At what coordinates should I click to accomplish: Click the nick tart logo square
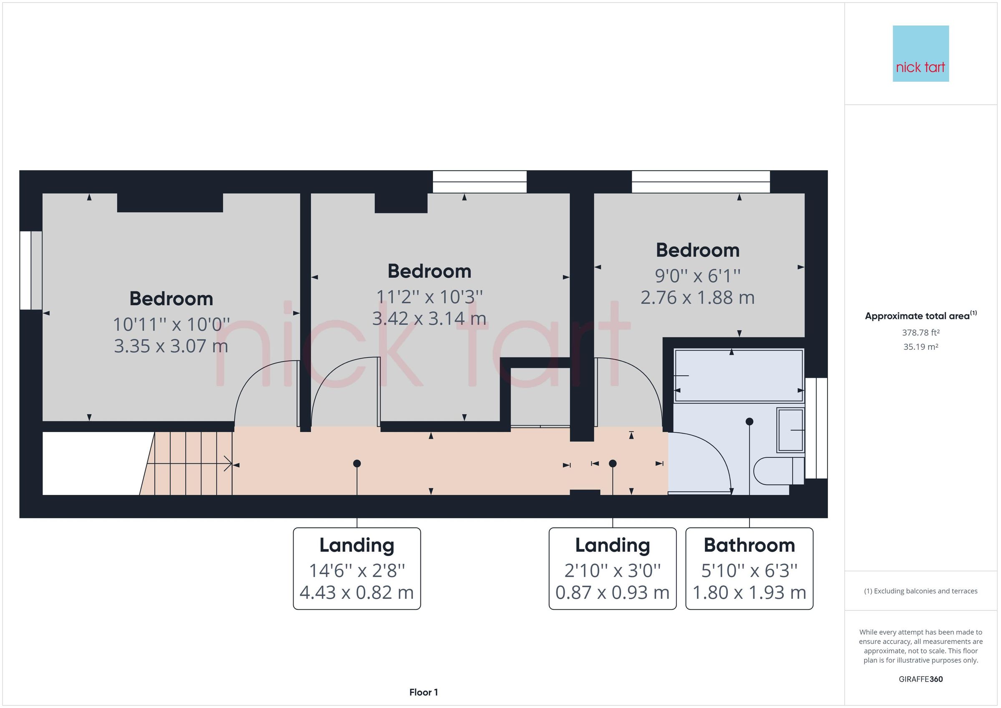[x=921, y=53]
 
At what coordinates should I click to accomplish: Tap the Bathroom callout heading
[x=749, y=545]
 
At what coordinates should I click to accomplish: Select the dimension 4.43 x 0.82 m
[x=357, y=592]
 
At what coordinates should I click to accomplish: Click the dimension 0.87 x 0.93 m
[x=612, y=592]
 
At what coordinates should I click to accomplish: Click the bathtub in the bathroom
[x=739, y=375]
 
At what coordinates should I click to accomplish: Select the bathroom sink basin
[x=790, y=430]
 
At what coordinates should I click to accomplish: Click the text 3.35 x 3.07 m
[x=171, y=346]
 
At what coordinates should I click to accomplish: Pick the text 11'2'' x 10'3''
[x=430, y=297]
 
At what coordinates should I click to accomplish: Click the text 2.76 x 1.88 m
[x=697, y=297]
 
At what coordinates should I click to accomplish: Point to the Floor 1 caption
[x=423, y=692]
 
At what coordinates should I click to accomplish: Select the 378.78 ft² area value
[x=921, y=333]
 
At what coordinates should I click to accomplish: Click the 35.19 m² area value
[x=921, y=347]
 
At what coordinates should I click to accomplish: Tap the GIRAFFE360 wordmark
[x=921, y=679]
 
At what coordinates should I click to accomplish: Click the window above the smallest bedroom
[x=701, y=182]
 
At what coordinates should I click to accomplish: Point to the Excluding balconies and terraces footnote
[x=921, y=591]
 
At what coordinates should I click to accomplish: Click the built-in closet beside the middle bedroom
[x=540, y=397]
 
